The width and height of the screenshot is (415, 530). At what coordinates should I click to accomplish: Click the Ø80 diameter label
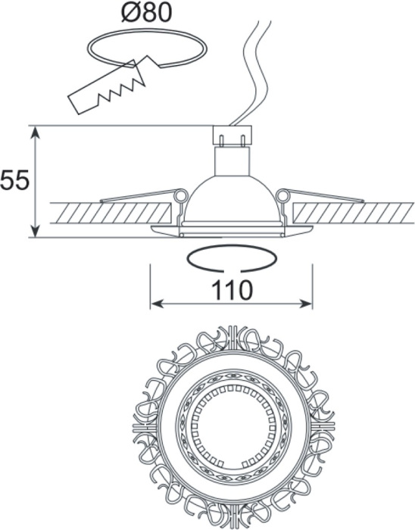point(147,13)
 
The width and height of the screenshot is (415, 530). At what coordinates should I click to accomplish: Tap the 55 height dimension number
point(15,181)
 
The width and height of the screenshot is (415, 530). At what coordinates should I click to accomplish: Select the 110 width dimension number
point(232,290)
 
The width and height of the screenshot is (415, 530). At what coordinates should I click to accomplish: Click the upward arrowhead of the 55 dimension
point(36,132)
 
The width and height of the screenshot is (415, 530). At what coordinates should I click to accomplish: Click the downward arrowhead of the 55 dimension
point(36,231)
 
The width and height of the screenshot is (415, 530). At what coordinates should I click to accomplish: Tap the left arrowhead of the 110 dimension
point(157,304)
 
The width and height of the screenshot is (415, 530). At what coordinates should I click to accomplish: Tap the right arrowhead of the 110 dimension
point(306,304)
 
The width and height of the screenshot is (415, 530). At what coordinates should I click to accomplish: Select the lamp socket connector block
point(232,136)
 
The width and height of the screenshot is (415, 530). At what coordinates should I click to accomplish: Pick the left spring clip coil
point(180,195)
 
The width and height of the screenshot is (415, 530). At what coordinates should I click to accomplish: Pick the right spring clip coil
point(283,195)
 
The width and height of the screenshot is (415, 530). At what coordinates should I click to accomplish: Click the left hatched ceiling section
point(110,213)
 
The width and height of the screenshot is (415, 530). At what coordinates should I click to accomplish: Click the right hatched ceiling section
point(354,213)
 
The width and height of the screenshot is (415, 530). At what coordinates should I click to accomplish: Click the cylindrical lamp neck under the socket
point(232,161)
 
